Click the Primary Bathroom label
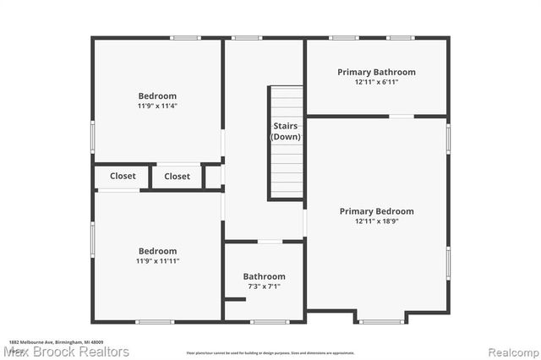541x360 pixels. (x=376, y=72)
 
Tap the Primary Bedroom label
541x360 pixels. (x=376, y=210)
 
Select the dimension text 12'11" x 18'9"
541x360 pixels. (x=376, y=221)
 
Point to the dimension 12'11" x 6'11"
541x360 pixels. (x=376, y=82)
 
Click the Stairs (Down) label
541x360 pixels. (x=286, y=131)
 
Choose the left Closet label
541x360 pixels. (x=123, y=176)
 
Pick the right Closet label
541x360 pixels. (x=178, y=176)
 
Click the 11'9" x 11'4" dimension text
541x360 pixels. (x=158, y=106)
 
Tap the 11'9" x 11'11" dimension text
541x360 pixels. (x=158, y=261)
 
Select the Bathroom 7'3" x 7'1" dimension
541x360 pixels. (x=264, y=286)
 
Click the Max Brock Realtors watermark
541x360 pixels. (x=65, y=351)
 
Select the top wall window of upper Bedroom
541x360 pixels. (x=185, y=38)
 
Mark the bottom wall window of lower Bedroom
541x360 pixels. (x=155, y=321)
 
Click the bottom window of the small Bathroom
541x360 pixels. (x=270, y=321)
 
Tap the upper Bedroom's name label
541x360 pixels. (x=158, y=95)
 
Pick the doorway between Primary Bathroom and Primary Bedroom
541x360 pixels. (x=402, y=116)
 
